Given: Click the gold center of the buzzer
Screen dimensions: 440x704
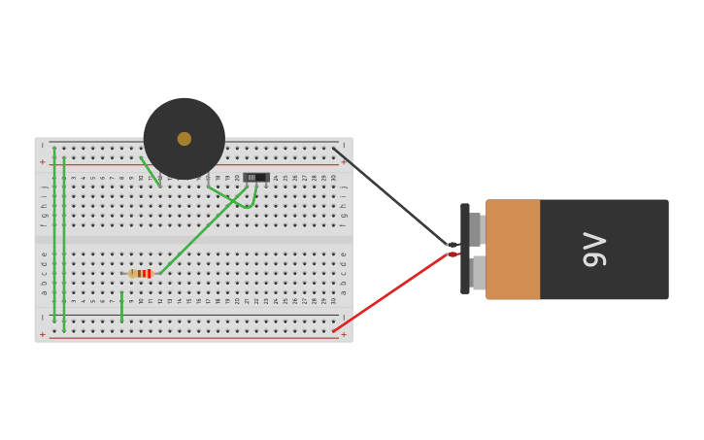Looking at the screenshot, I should (184, 139).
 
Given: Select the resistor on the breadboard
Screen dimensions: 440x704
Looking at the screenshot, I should (141, 274).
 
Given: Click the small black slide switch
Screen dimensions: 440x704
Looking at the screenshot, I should (255, 177).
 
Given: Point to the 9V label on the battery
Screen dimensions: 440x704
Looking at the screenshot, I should (593, 250).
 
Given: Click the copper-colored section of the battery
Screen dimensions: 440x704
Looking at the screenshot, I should (513, 250).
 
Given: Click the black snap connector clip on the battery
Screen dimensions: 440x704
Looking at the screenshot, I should (465, 249).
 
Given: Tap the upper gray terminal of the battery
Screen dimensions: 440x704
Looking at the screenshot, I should (476, 229).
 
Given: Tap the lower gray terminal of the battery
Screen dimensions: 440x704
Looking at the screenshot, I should (478, 272).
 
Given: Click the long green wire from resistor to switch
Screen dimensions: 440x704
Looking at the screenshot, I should (199, 233).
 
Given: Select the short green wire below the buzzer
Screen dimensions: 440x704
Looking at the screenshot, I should (150, 171).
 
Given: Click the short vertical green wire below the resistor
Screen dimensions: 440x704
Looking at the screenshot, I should (121, 306).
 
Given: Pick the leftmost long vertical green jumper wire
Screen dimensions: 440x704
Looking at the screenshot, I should (54, 238).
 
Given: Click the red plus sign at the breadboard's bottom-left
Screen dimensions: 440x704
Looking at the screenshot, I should (43, 334).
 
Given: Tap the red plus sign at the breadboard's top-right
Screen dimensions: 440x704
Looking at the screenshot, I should (343, 162).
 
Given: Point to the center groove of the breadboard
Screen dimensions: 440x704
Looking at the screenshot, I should (194, 238).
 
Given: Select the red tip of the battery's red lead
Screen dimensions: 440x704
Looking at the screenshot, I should (453, 254).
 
